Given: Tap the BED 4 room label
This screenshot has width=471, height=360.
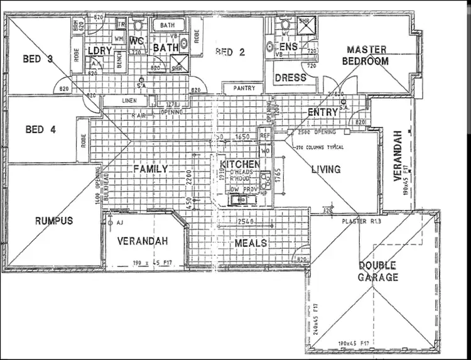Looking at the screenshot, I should point(41,130).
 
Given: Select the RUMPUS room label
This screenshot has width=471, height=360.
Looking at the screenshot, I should point(54,221).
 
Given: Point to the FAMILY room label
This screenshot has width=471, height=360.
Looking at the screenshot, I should point(150,169).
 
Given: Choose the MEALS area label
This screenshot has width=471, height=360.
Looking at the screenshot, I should point(251,243).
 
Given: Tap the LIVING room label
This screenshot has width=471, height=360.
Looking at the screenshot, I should point(326,169).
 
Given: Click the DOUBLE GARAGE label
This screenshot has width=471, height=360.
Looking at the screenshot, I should point(378,271).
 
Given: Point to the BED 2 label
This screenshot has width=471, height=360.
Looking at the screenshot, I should point(229,52).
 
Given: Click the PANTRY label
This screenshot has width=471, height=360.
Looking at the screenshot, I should point(244,89).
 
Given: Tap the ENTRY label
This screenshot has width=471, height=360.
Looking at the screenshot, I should point(323,112).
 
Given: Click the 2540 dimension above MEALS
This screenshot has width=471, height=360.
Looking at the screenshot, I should point(246,222).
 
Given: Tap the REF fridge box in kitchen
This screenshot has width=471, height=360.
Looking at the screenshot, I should point(264,134).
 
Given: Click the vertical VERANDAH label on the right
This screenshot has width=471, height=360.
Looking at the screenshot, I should point(397,156).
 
